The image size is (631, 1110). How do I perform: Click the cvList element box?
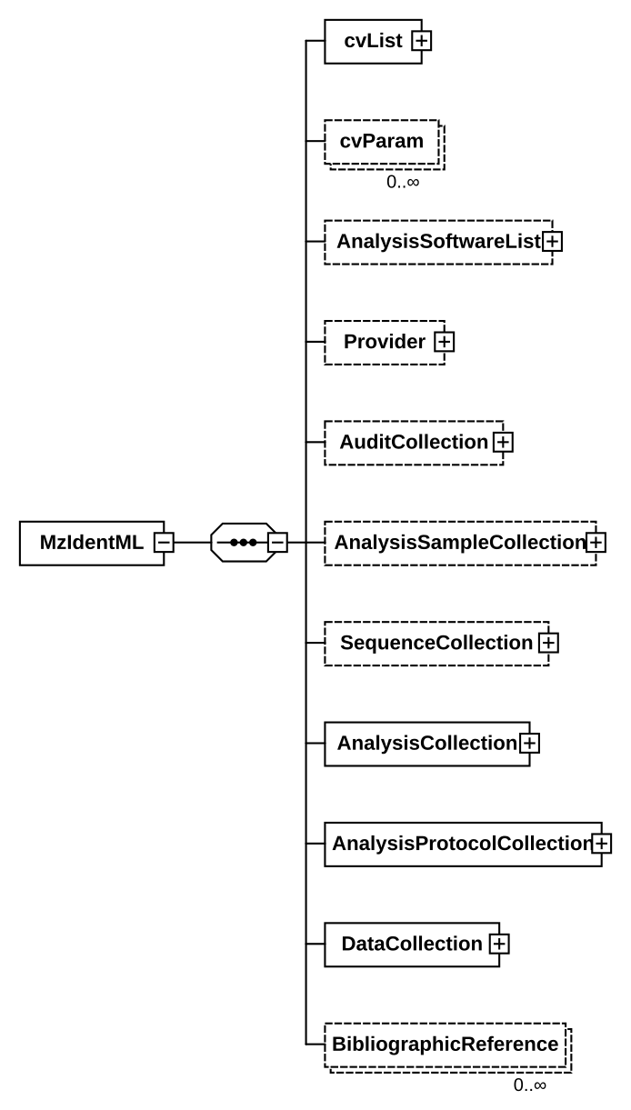click(x=373, y=41)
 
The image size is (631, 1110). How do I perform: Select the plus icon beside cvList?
click(x=421, y=41)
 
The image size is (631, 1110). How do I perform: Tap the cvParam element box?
click(x=382, y=142)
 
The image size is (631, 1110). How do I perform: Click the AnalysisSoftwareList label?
click(x=437, y=242)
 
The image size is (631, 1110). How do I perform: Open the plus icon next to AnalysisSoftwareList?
click(x=551, y=242)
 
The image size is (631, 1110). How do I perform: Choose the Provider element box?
click(x=385, y=342)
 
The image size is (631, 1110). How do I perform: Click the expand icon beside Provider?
click(x=444, y=342)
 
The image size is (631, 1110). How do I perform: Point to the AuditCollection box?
click(x=414, y=443)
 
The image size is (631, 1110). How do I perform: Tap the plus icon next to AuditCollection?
click(x=502, y=443)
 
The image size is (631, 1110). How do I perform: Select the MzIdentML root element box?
click(x=91, y=543)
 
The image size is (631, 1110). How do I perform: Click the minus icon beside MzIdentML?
click(x=164, y=543)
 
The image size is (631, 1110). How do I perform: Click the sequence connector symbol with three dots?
click(x=243, y=543)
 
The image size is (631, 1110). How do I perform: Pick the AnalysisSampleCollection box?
click(x=459, y=543)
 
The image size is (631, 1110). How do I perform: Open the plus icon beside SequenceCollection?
click(x=547, y=643)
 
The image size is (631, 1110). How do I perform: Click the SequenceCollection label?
click(x=436, y=643)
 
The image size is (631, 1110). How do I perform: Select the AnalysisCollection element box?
click(x=426, y=744)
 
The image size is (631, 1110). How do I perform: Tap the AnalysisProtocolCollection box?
click(x=462, y=844)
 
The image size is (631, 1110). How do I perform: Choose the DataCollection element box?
click(x=411, y=944)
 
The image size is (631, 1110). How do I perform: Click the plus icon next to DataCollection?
click(x=498, y=944)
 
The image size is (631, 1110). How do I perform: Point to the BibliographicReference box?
click(x=445, y=1045)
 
